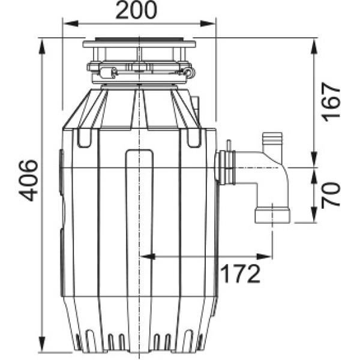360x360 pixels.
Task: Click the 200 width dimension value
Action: point(136,10)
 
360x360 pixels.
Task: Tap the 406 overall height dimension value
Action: point(28,180)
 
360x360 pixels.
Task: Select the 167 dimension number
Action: point(331,102)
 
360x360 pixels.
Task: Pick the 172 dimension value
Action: point(241,274)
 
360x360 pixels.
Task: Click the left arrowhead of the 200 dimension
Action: point(70,23)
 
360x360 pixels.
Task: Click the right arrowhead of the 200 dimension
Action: point(208,23)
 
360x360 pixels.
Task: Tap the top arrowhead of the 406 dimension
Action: point(42,46)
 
